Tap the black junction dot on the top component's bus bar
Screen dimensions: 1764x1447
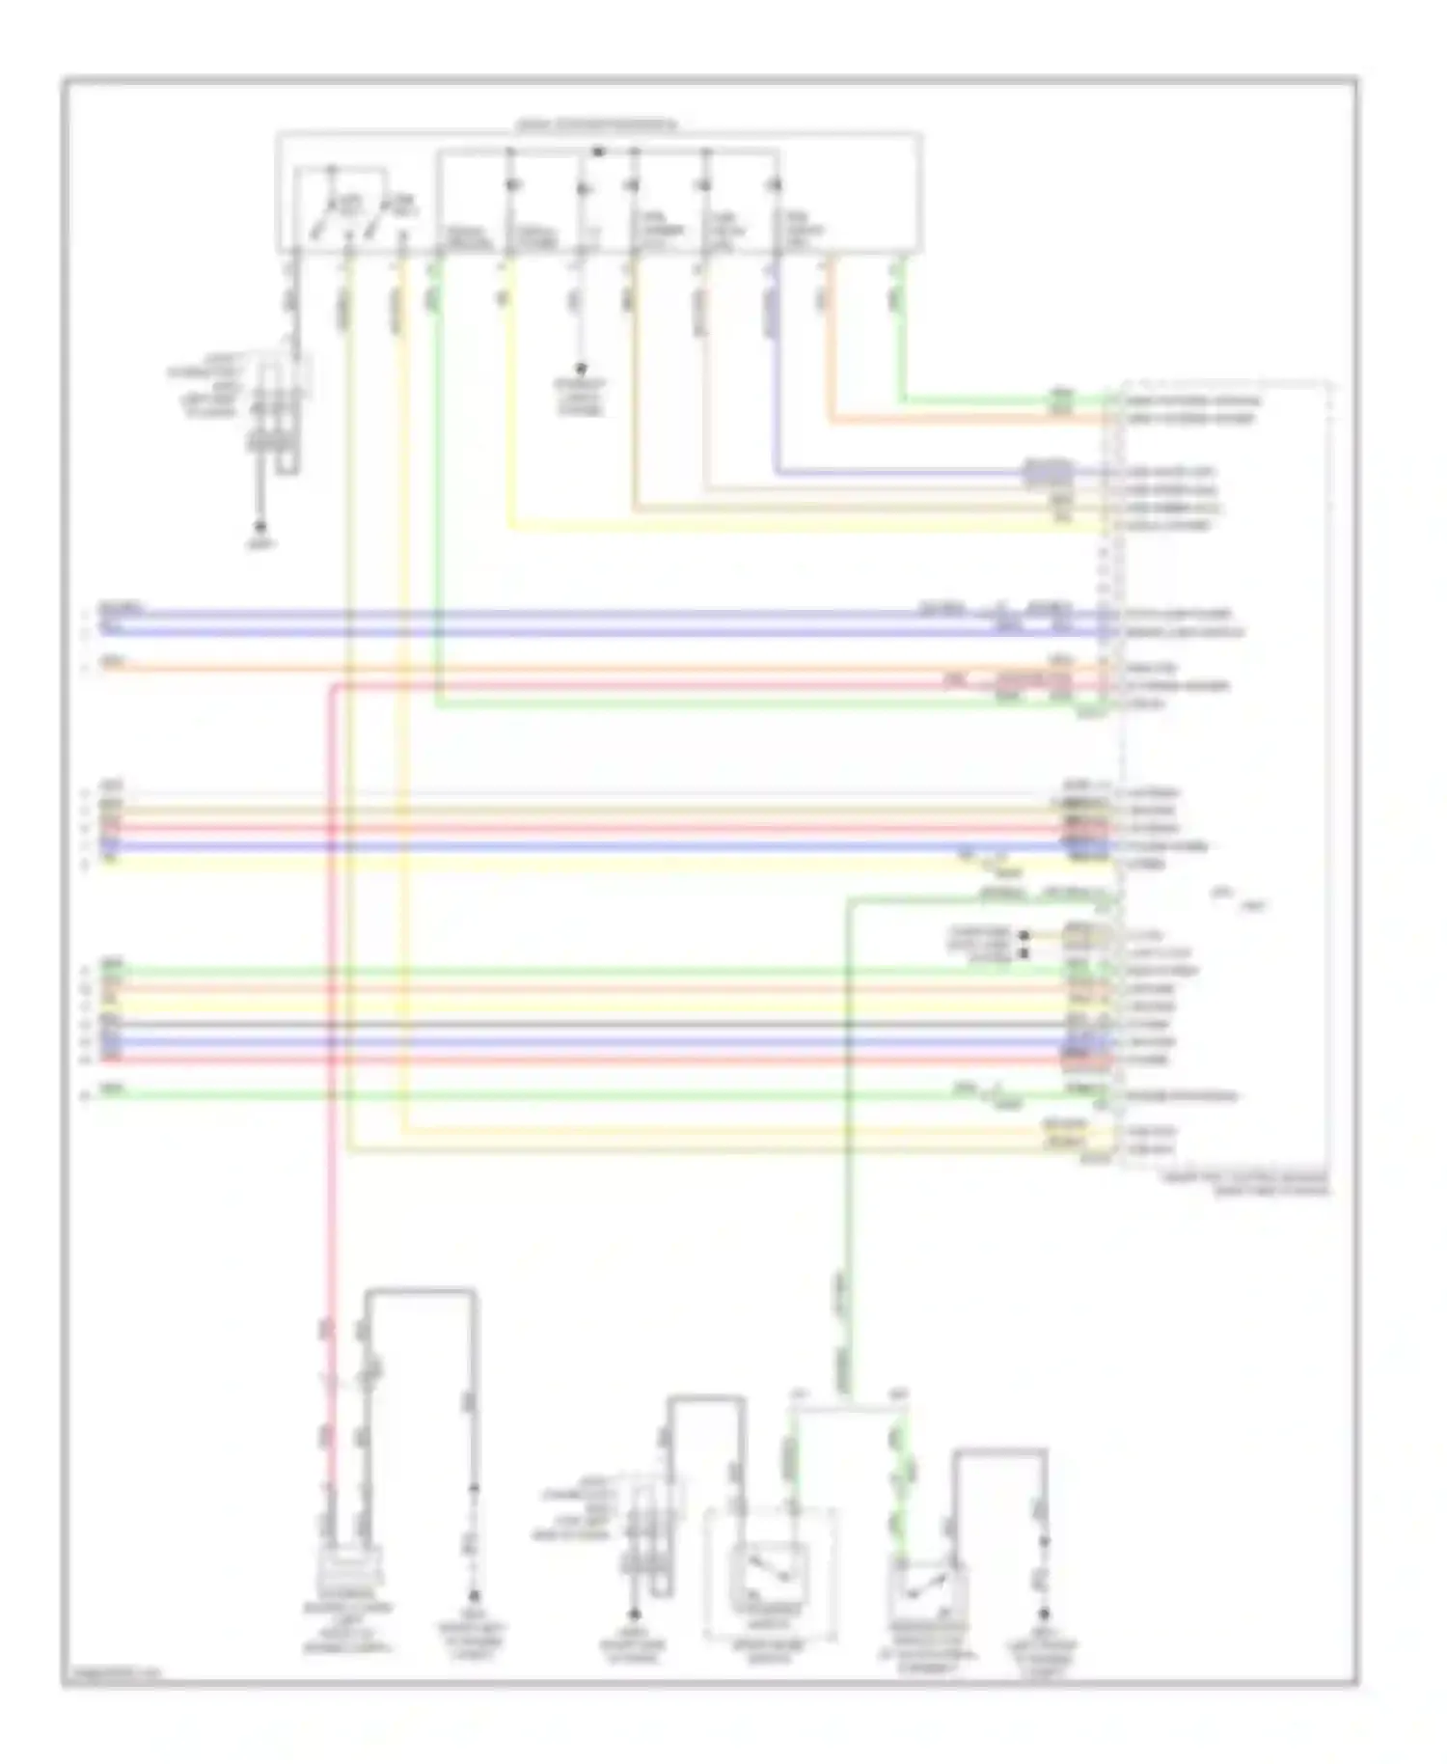point(597,152)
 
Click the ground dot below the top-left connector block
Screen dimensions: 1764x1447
point(259,527)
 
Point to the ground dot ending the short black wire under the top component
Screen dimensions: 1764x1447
point(581,369)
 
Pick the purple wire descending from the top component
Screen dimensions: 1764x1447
point(774,386)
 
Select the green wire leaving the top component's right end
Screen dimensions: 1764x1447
point(902,338)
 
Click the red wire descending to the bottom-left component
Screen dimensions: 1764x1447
point(330,1061)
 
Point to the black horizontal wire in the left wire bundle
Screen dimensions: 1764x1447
point(579,1024)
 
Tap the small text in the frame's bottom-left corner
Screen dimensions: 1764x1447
point(114,1674)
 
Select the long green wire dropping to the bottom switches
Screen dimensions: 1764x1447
point(848,1158)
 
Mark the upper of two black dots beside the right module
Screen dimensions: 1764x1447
point(1024,935)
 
